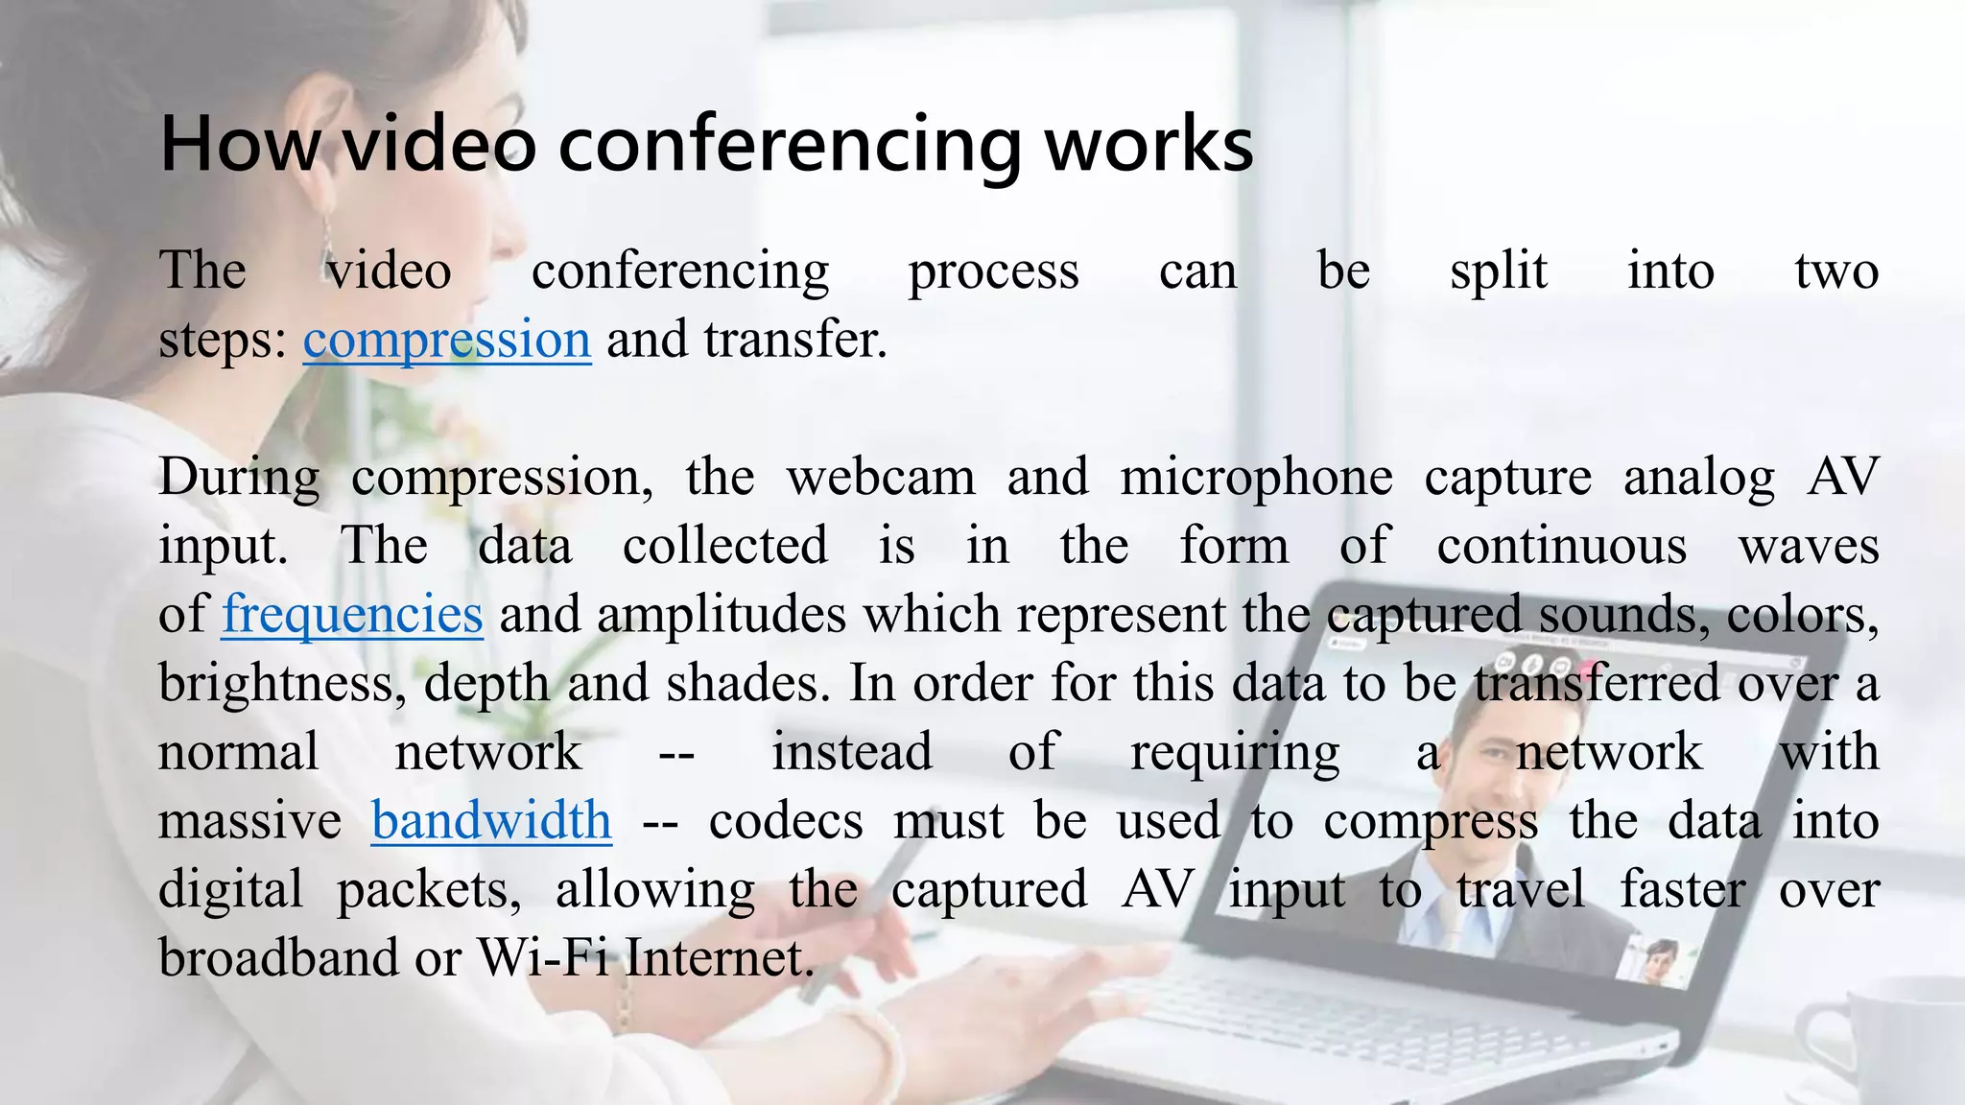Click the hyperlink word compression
(x=447, y=341)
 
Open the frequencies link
(x=352, y=615)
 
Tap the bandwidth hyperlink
(x=491, y=821)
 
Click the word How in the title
(x=240, y=144)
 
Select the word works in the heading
(x=1148, y=144)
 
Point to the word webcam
(x=881, y=477)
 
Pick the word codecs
(x=786, y=821)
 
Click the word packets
(x=428, y=890)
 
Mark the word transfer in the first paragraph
(x=793, y=341)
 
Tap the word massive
(x=249, y=821)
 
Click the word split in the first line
(x=1498, y=271)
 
